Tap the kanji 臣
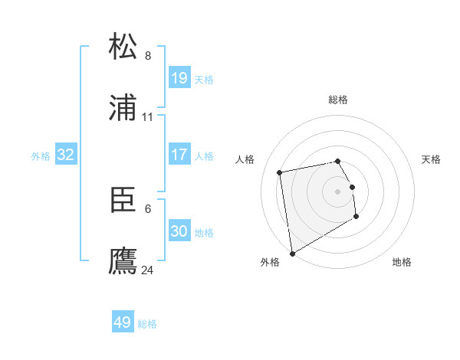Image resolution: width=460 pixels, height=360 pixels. point(123,200)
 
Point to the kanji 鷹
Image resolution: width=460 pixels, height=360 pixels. point(123,261)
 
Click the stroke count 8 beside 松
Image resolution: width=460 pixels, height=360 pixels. point(148,55)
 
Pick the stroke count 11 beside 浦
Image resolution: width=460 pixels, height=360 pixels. point(148,117)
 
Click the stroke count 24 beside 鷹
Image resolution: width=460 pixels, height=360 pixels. point(148,270)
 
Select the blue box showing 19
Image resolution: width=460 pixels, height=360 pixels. point(179,78)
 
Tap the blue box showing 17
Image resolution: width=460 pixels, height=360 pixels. point(179,155)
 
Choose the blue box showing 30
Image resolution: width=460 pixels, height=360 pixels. point(179,231)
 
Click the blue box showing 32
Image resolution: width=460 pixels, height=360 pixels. point(66,155)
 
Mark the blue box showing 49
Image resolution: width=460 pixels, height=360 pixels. point(122,322)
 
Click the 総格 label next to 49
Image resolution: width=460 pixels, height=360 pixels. point(147,324)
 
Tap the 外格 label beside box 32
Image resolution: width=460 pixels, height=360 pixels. point(41,156)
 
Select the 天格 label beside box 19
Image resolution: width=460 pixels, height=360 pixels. point(204,80)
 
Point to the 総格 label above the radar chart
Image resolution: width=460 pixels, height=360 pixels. point(337,100)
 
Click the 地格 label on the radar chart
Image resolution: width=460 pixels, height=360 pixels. point(402,262)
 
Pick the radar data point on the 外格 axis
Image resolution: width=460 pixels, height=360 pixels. point(292,253)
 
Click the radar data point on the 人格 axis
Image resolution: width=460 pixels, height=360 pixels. point(280,172)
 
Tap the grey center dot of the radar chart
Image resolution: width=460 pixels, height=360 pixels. point(337,191)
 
